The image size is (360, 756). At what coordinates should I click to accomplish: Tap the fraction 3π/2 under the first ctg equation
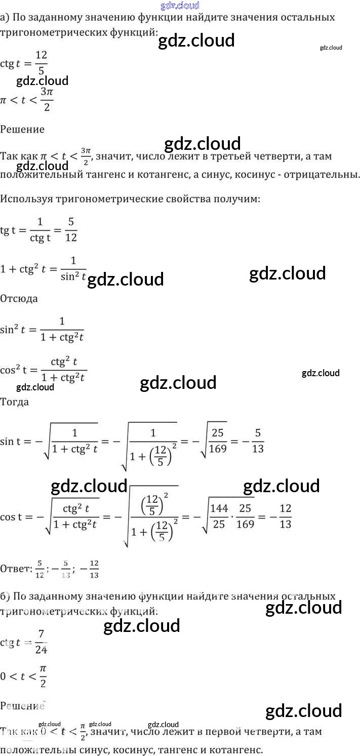click(47, 99)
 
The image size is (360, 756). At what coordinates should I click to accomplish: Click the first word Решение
click(22, 129)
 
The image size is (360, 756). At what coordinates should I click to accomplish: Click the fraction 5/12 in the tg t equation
click(71, 229)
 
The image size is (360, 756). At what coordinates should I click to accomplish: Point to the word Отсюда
click(19, 298)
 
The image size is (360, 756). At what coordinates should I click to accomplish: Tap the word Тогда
click(15, 402)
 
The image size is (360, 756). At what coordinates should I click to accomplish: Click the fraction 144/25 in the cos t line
click(219, 516)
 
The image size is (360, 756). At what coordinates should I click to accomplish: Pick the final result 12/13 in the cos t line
click(285, 516)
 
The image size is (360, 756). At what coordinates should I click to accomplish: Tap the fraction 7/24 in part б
click(41, 643)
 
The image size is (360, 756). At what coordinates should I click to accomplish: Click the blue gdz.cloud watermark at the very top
click(180, 6)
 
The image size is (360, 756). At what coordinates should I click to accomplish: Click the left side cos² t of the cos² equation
click(15, 370)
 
